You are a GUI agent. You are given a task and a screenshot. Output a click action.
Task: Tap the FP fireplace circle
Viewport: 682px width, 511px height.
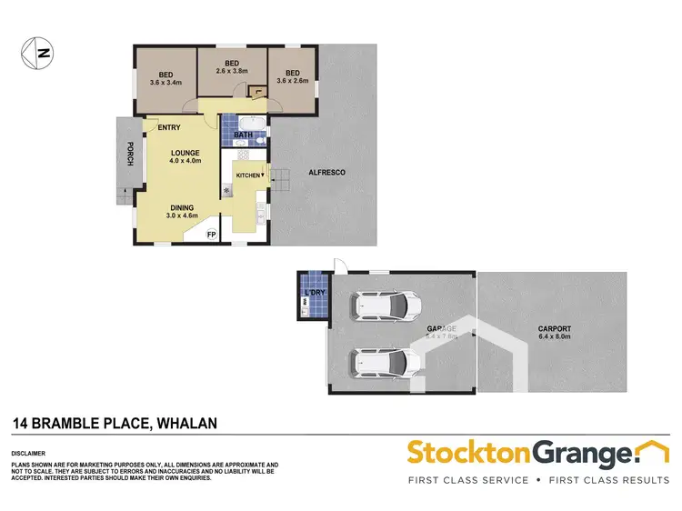pyautogui.click(x=211, y=235)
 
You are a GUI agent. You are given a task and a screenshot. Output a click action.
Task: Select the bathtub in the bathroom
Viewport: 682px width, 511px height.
pyautogui.click(x=246, y=123)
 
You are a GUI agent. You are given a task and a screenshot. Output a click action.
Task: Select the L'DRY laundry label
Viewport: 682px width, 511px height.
pyautogui.click(x=316, y=293)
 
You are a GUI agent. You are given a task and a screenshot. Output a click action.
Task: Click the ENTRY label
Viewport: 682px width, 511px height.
pyautogui.click(x=169, y=127)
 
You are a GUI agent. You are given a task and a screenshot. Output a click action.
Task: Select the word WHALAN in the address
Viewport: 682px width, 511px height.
pyautogui.click(x=189, y=423)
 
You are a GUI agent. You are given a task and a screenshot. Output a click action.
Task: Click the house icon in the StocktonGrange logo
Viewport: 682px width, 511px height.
pyautogui.click(x=652, y=450)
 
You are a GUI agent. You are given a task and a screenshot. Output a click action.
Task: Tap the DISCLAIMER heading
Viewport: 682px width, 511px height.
pyautogui.click(x=29, y=453)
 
